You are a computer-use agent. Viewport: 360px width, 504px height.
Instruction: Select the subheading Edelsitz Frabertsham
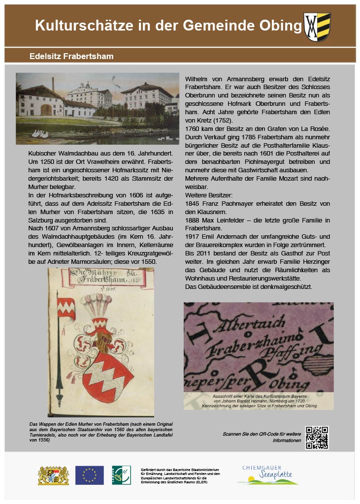tap(71, 56)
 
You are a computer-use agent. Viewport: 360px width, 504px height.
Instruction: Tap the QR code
tap(317, 438)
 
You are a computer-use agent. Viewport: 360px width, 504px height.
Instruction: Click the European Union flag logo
tap(89, 475)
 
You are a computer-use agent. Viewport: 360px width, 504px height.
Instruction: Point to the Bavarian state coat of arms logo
tap(53, 475)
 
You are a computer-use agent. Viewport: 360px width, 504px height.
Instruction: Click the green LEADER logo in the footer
tap(121, 475)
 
